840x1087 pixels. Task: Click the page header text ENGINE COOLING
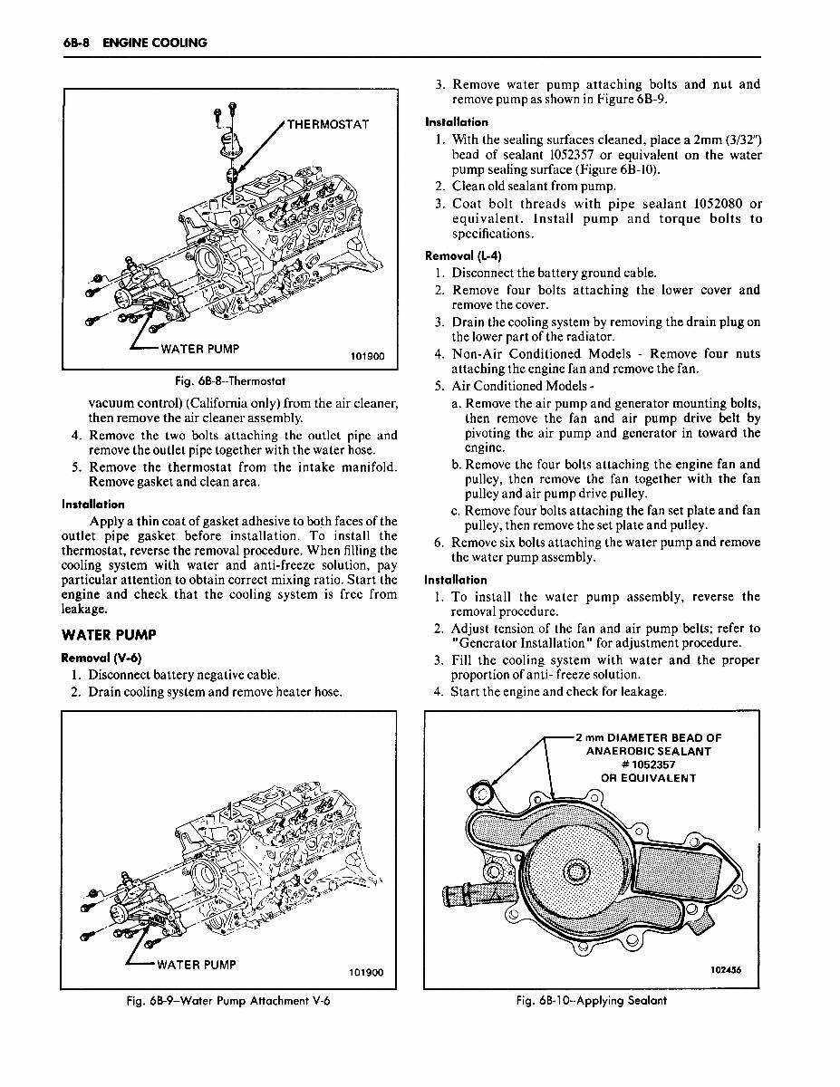155,43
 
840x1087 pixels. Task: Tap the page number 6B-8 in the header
76,43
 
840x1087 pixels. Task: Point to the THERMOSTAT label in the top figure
328,124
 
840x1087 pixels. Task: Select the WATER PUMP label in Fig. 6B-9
198,964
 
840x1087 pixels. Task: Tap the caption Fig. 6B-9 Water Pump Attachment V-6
229,1001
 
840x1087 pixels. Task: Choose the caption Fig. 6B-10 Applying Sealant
591,1001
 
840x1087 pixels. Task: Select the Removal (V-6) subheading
100,657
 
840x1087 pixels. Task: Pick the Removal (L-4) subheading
462,255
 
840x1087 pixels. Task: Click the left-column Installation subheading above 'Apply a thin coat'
92,504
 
